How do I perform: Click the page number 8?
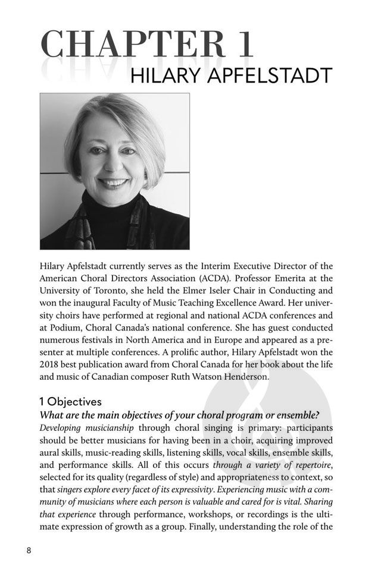tap(29, 550)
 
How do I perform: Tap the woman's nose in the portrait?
tap(113, 166)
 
